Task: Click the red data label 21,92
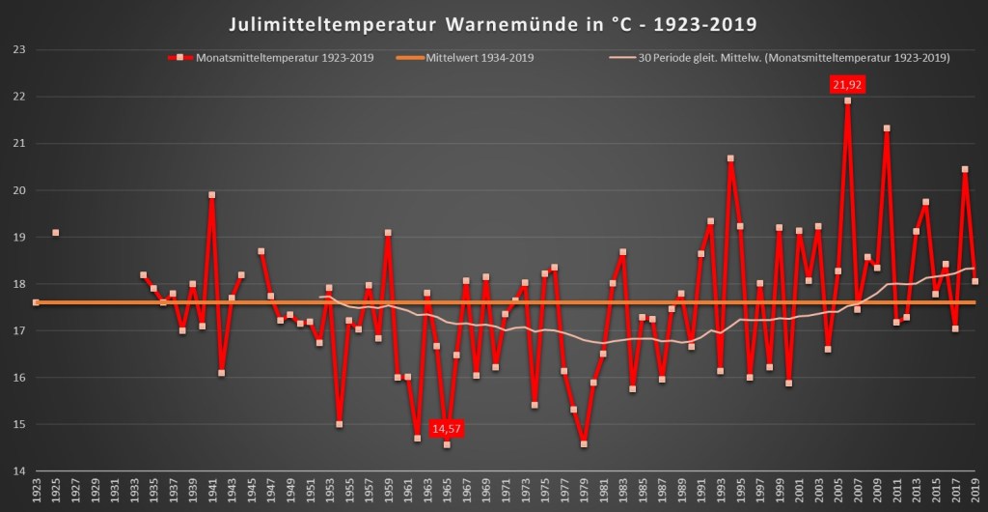click(x=847, y=85)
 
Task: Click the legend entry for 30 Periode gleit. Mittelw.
click(x=790, y=58)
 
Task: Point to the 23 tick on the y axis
click(x=17, y=50)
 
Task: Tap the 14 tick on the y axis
click(x=17, y=471)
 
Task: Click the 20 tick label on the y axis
click(x=17, y=190)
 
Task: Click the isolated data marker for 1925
click(x=56, y=233)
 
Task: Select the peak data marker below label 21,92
click(x=847, y=100)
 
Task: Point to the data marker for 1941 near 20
click(x=212, y=195)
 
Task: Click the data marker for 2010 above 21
click(x=887, y=128)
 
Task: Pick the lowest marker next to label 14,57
click(x=447, y=444)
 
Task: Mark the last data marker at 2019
click(x=974, y=282)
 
